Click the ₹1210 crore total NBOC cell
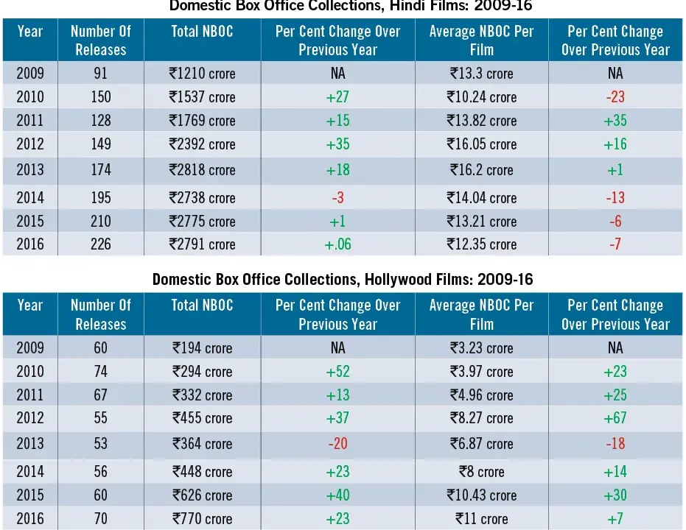coord(202,73)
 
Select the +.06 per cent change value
coord(337,244)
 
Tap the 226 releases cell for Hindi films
coord(101,244)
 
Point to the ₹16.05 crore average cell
coord(482,144)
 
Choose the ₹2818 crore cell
coord(202,169)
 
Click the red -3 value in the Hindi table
coord(337,197)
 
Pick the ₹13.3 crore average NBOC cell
coord(482,73)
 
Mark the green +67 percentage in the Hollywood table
coord(615,417)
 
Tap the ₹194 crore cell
coord(202,347)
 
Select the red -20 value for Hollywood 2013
coord(337,443)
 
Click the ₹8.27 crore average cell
coord(482,417)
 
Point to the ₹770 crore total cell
coord(202,519)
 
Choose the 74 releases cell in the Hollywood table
coord(101,372)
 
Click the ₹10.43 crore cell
coord(482,495)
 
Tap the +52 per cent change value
coord(337,372)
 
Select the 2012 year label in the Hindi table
coord(30,144)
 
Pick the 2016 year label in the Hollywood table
coord(30,519)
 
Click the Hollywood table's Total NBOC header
coord(202,305)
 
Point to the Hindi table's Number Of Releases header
coord(101,40)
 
